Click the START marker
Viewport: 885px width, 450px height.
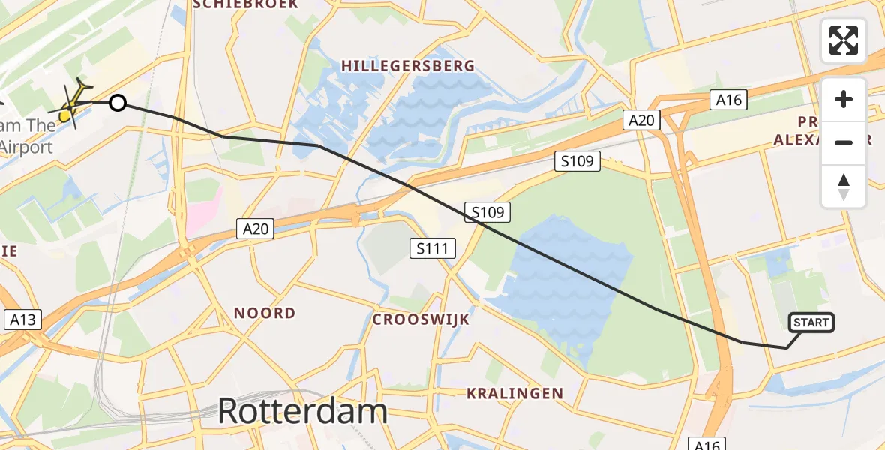coord(811,322)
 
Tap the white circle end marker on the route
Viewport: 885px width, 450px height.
coord(118,103)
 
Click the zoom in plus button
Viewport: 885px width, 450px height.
coord(844,100)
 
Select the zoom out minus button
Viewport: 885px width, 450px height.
coord(844,142)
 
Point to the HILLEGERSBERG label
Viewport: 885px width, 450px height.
coord(408,66)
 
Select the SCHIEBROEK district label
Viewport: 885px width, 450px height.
coord(245,4)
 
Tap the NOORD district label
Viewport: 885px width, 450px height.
coord(264,313)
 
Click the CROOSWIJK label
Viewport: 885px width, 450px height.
coord(421,319)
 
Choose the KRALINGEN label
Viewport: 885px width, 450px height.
coord(514,393)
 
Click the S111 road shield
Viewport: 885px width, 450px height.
coord(433,248)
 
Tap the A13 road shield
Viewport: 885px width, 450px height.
coord(22,320)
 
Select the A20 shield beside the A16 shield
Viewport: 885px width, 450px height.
coord(641,120)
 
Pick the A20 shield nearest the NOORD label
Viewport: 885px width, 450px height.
coord(256,229)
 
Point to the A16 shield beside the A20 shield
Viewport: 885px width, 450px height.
coord(729,100)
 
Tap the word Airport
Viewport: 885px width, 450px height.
coord(27,147)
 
